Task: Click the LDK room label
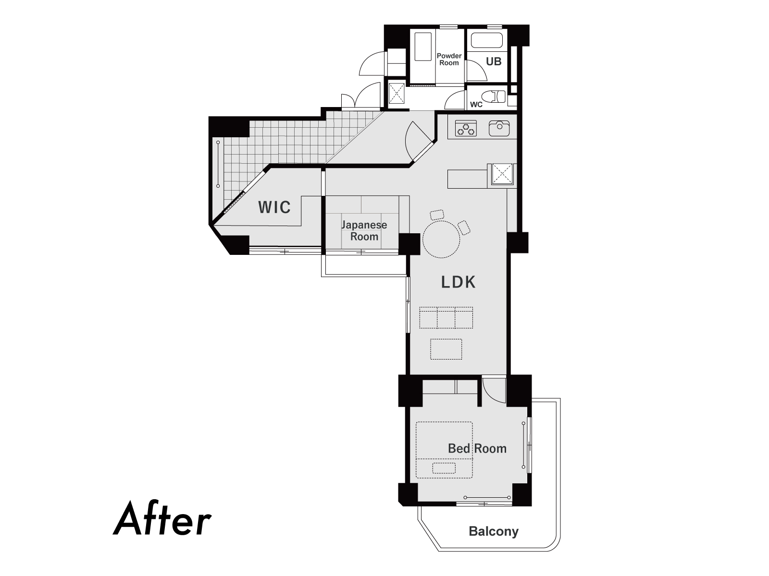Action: pyautogui.click(x=458, y=282)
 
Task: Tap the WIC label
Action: pyautogui.click(x=274, y=207)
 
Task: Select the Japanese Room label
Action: pyautogui.click(x=364, y=230)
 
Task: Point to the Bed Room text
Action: pyautogui.click(x=477, y=448)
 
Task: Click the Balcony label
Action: pyautogui.click(x=494, y=531)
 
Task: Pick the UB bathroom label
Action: pyautogui.click(x=494, y=61)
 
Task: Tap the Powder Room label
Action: pyautogui.click(x=449, y=60)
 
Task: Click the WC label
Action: pyautogui.click(x=476, y=105)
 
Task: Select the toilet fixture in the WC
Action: pyautogui.click(x=494, y=97)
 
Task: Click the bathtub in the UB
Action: pyautogui.click(x=486, y=40)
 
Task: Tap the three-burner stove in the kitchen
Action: pyautogui.click(x=466, y=128)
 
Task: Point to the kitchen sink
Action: pyautogui.click(x=499, y=128)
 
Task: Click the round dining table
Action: pyautogui.click(x=441, y=240)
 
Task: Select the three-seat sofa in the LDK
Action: pyautogui.click(x=446, y=318)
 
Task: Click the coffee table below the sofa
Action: pyautogui.click(x=446, y=349)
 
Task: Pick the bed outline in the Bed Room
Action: pyautogui.click(x=444, y=450)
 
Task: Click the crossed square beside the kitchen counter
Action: pyautogui.click(x=503, y=174)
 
